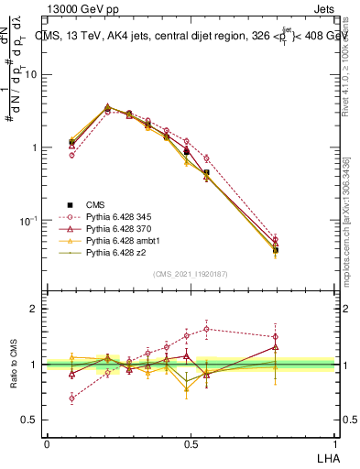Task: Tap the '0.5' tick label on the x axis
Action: click(190, 442)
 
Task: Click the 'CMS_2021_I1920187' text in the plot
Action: click(190, 273)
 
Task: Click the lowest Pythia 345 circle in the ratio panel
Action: click(72, 398)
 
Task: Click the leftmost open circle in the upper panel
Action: click(72, 155)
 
